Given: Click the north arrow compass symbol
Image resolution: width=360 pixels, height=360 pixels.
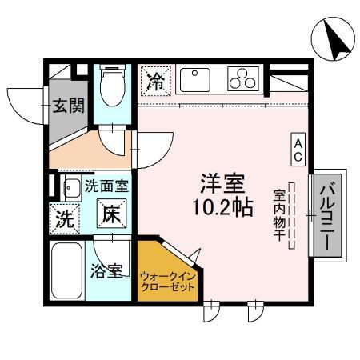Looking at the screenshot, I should point(332,38).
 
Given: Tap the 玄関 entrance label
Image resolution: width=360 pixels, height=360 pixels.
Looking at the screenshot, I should point(67,106).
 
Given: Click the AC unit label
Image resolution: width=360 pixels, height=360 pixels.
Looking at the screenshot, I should point(297,150).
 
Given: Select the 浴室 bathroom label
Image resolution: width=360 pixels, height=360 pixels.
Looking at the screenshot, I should point(106,270).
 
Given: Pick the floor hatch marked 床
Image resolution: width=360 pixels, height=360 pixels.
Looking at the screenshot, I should point(110,214).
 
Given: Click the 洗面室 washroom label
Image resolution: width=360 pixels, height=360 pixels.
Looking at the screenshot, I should point(106,187).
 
